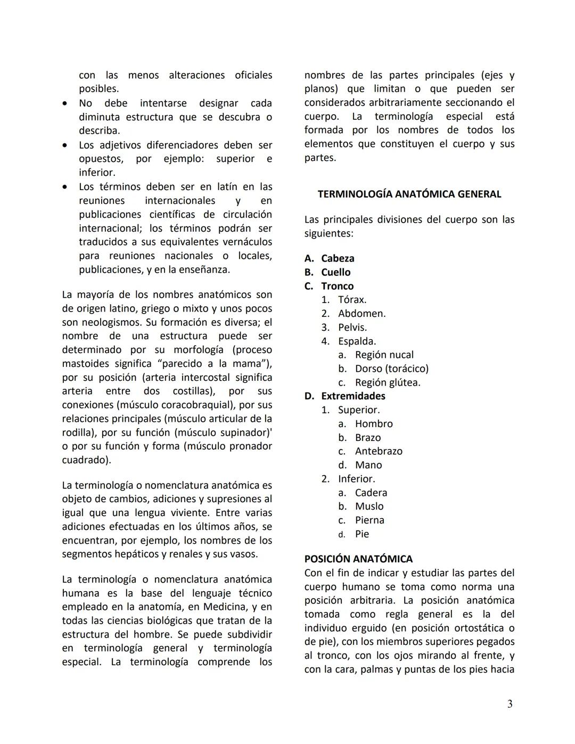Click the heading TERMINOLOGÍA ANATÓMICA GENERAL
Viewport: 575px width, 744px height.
tap(409, 194)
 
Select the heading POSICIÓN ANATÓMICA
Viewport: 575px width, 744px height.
tap(358, 559)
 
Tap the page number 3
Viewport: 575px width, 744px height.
tap(510, 704)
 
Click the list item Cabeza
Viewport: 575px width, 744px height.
tap(338, 258)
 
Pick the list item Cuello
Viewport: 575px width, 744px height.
tap(335, 272)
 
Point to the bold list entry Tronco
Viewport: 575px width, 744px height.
tap(337, 286)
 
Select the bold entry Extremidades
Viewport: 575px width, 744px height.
tap(353, 396)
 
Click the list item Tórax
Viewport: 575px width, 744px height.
tap(352, 300)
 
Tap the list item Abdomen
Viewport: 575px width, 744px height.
tap(362, 314)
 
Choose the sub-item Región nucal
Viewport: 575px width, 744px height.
tap(384, 355)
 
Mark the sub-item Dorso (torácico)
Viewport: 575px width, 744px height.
tap(391, 369)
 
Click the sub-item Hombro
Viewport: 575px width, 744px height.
tap(374, 424)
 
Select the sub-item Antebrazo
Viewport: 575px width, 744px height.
tap(379, 451)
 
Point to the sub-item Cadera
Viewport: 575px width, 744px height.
tap(371, 493)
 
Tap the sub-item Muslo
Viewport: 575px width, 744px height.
tap(369, 506)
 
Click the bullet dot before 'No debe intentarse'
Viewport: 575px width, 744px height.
tap(65, 103)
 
